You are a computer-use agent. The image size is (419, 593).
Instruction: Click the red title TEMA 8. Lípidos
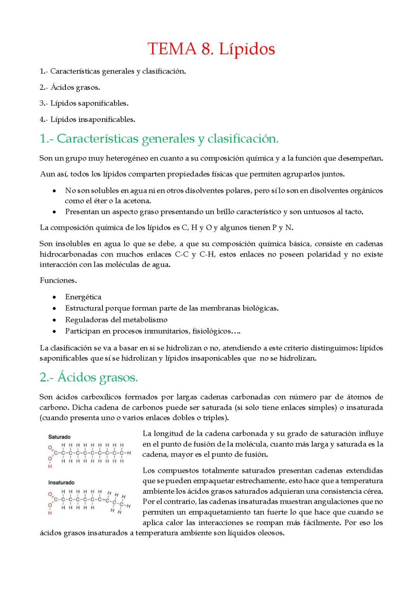coord(211,49)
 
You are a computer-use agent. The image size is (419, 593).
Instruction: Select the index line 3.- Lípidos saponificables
coord(84,104)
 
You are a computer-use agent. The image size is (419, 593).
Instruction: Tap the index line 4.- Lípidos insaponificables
coord(87,120)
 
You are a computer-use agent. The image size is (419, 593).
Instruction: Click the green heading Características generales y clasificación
coord(159,139)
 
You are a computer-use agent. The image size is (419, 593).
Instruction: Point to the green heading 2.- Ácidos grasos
coord(89,377)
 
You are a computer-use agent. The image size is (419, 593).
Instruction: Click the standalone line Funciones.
coord(58,281)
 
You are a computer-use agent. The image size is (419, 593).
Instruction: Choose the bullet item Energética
coord(83,297)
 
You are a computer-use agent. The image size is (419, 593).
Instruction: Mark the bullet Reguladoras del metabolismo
coord(116,320)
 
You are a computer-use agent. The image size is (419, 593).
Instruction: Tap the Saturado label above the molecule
coord(59,437)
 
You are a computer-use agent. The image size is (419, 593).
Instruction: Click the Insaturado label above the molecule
coord(61,482)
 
